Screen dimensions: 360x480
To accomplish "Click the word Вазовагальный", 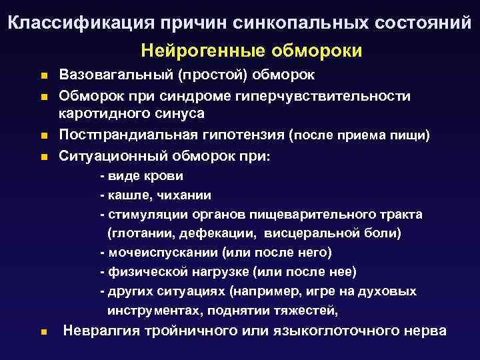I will (114, 75).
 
